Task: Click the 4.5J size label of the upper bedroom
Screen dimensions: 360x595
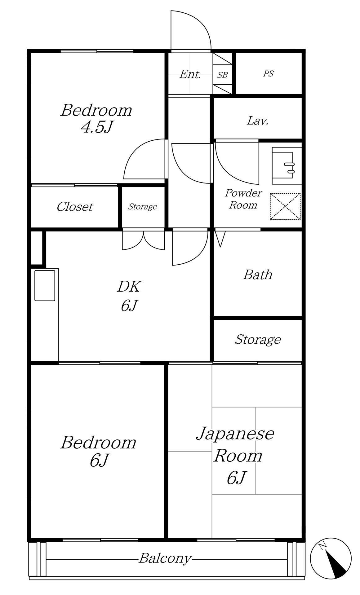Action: (x=96, y=127)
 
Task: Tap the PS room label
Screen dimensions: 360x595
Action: (x=269, y=74)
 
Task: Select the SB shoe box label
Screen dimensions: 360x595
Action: (x=222, y=75)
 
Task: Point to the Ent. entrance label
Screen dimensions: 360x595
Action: (x=190, y=74)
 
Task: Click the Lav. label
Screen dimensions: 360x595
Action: (x=258, y=120)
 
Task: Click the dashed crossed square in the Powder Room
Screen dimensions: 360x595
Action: (x=285, y=206)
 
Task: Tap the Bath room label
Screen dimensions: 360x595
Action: (x=258, y=275)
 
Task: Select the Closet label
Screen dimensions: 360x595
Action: (x=75, y=207)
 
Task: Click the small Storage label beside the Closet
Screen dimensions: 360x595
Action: (x=143, y=206)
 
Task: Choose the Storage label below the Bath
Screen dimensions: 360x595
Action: (x=258, y=339)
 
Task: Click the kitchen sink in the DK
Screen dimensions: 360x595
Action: (x=45, y=285)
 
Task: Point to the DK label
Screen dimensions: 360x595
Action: (x=129, y=287)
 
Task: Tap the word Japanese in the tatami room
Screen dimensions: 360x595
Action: (x=235, y=434)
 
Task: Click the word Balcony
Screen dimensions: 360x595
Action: (x=165, y=558)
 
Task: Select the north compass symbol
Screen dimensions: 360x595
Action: (x=331, y=558)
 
